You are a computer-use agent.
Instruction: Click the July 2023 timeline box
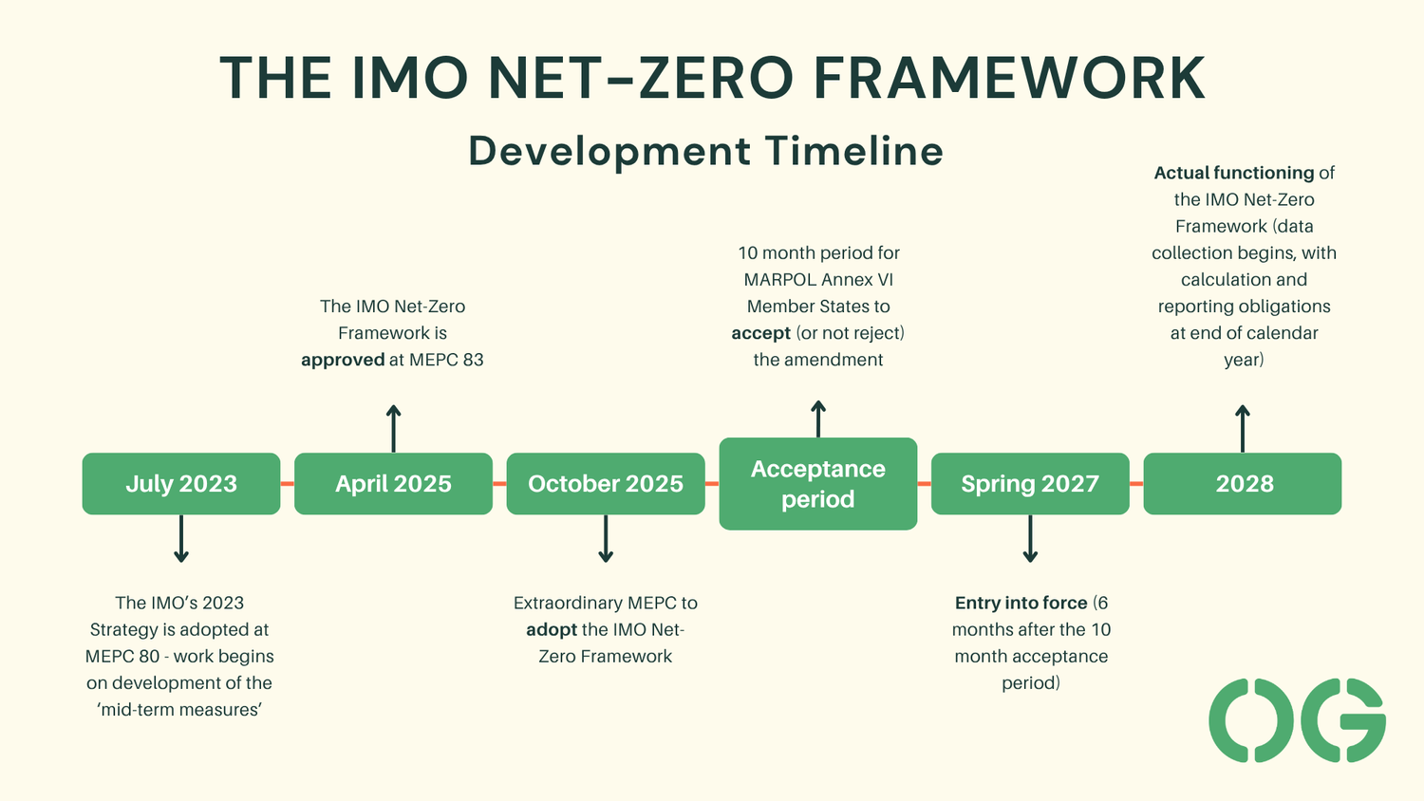click(181, 484)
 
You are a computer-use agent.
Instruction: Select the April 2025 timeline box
click(393, 484)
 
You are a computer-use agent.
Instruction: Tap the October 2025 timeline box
click(606, 484)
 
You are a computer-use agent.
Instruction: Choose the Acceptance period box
click(817, 484)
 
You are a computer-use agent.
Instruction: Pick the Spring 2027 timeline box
click(1030, 484)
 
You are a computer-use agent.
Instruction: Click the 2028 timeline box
click(1242, 484)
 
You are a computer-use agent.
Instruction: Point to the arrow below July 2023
click(181, 539)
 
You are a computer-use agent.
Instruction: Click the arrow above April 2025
click(393, 428)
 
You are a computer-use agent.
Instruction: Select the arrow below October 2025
click(606, 539)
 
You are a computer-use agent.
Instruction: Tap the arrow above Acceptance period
click(818, 419)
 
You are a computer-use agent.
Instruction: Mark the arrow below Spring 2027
click(1030, 539)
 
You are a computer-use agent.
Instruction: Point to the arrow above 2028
click(1242, 428)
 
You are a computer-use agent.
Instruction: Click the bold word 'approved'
click(343, 361)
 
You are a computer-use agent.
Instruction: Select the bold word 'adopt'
click(552, 630)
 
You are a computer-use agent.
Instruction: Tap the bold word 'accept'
click(760, 334)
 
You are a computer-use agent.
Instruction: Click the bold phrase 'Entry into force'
click(1021, 604)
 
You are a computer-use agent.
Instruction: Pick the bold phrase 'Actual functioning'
click(1233, 174)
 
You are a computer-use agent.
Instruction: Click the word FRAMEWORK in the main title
click(1009, 78)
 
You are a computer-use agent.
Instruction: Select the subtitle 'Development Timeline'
click(705, 152)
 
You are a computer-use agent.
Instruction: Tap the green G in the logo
click(1343, 720)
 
